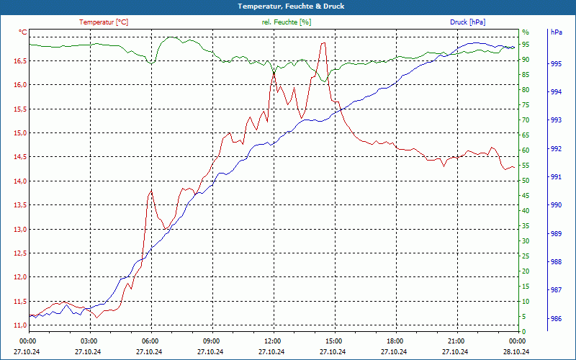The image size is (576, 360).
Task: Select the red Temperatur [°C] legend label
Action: coord(104,22)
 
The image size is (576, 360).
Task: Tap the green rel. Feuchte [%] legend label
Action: coord(287,22)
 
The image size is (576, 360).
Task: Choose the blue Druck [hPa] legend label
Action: coord(468,22)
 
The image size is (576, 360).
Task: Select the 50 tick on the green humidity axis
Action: coord(526,181)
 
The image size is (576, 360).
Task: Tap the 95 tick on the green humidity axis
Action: coord(526,45)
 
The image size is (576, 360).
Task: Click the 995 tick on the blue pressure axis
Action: coord(556,64)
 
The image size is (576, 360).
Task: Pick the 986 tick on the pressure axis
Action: coord(556,318)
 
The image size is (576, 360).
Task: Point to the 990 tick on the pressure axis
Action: coord(556,205)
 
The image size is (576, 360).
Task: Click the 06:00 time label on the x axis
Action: coord(150,341)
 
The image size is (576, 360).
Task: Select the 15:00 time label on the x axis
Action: coord(333,341)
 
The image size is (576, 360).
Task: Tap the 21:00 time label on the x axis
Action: coord(456,341)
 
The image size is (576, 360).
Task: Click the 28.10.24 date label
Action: coord(516,351)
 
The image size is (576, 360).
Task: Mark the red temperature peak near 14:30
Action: coord(323,43)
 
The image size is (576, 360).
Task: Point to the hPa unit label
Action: coord(557,32)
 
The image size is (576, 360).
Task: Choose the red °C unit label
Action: coord(23,32)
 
